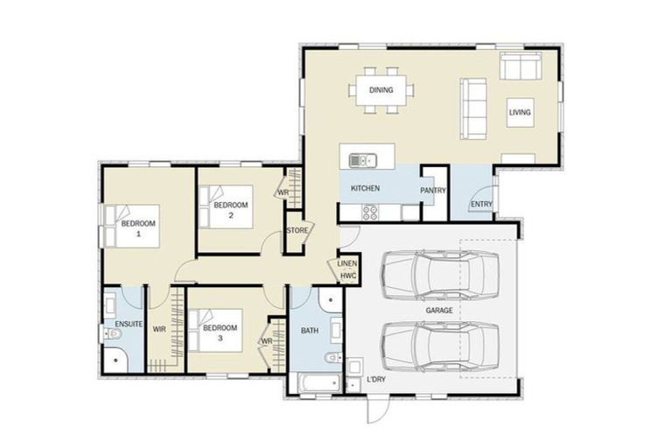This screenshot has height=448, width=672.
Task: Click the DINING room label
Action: coord(381,90)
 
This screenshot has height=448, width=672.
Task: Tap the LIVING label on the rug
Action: coord(521,113)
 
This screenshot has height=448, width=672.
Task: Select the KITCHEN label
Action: coord(365,189)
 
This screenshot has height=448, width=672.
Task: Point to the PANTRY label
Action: coord(433,190)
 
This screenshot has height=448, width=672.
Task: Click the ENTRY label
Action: coord(481,205)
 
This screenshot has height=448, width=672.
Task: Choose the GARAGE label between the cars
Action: coord(438,310)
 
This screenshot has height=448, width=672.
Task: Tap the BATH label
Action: coord(310,331)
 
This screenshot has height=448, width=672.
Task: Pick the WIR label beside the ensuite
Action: coord(159,330)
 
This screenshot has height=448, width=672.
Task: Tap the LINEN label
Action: coord(347,262)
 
